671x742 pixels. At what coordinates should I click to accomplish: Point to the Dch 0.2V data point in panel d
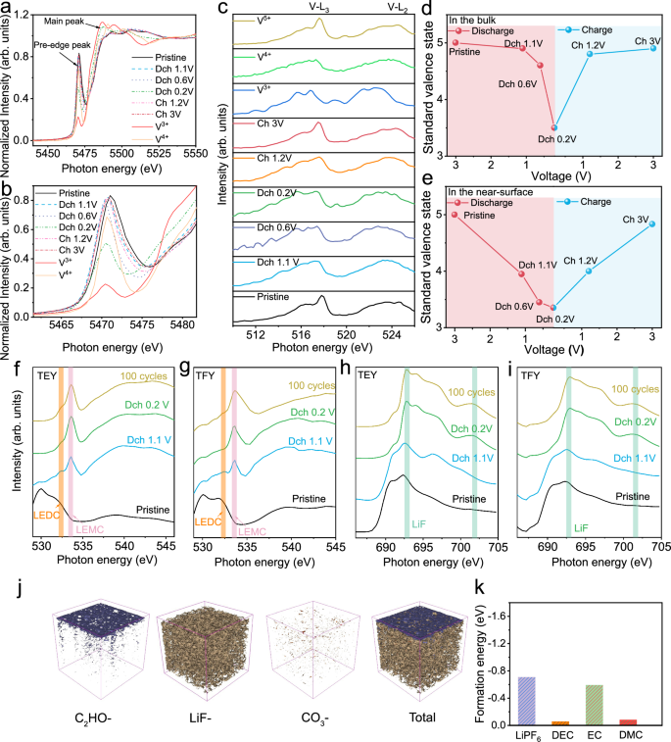click(x=554, y=127)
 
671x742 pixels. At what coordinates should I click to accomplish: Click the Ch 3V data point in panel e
click(x=652, y=223)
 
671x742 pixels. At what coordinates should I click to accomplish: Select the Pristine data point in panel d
click(x=454, y=42)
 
